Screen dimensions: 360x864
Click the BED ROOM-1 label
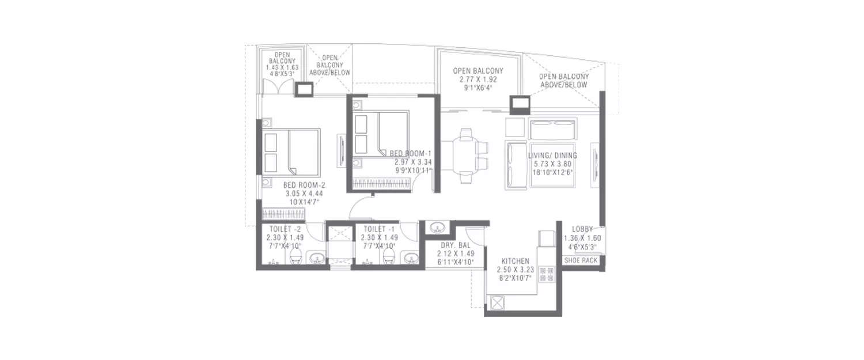[411, 153]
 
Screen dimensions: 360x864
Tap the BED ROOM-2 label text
[304, 185]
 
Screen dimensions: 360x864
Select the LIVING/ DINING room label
[552, 156]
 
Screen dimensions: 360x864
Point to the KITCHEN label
[515, 261]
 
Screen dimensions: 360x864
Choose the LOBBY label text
[582, 229]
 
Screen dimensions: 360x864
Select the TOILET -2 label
[282, 229]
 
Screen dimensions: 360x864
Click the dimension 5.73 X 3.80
[552, 164]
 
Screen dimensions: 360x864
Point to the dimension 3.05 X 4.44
[305, 194]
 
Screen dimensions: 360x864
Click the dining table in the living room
[465, 154]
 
